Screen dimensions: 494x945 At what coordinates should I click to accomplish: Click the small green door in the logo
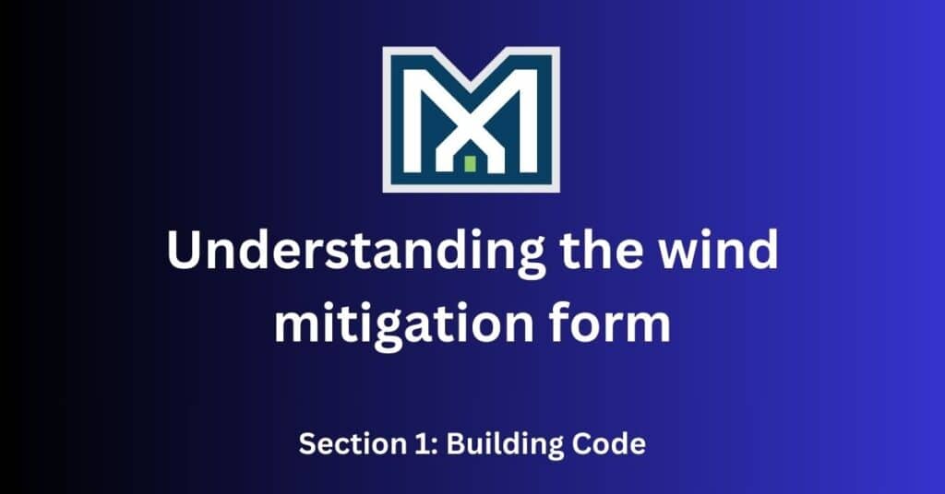point(470,164)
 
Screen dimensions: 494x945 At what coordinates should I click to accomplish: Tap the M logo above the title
point(472,119)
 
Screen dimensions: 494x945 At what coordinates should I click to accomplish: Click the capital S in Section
point(307,444)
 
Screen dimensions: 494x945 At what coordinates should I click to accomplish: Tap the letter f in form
point(568,324)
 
